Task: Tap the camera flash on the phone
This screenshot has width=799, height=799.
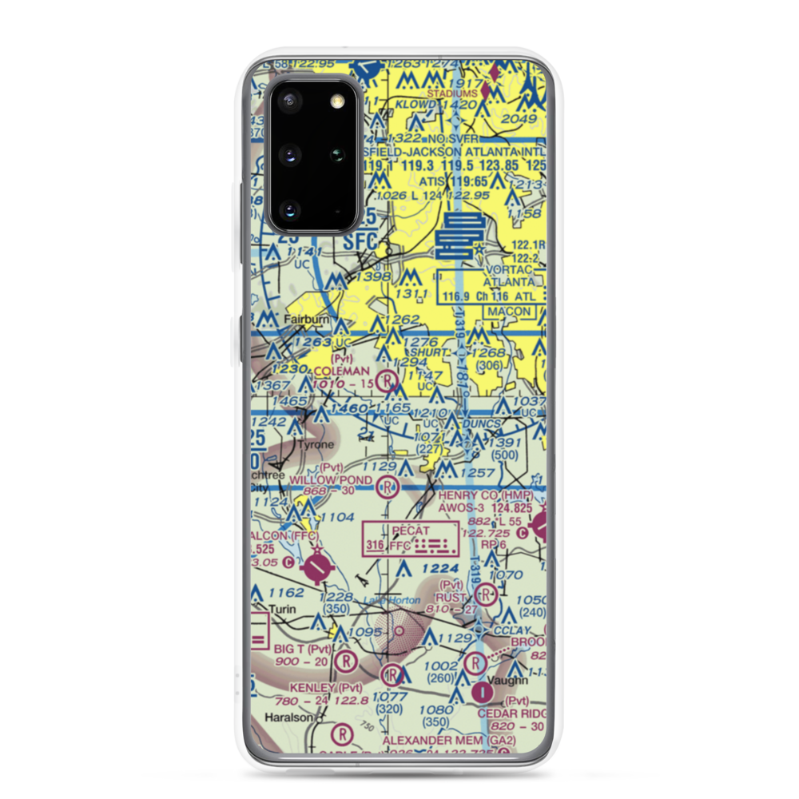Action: point(338,99)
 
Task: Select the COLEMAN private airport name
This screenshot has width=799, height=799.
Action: point(342,372)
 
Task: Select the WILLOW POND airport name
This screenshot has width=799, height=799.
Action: point(330,479)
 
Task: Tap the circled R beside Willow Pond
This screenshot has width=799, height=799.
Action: point(388,486)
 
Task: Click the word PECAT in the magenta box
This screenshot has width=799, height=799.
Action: point(411,531)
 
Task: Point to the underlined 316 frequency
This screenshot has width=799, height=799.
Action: point(374,547)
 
